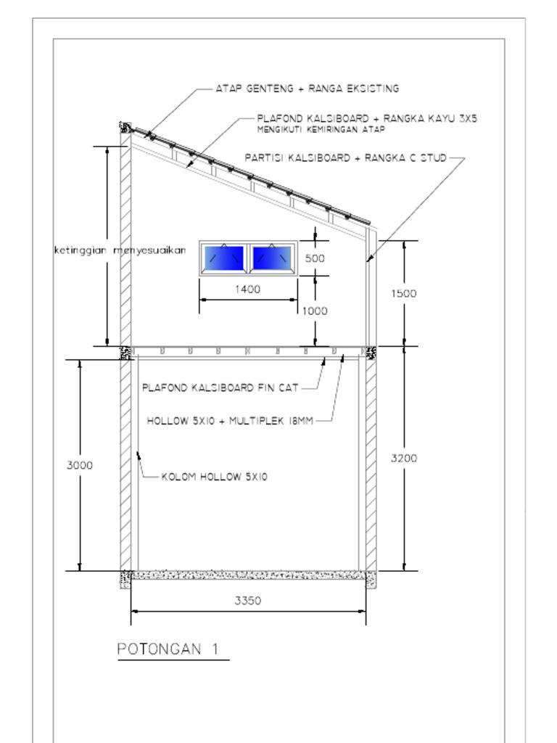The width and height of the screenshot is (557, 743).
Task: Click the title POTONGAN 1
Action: [168, 649]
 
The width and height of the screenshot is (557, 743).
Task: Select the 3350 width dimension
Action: [248, 600]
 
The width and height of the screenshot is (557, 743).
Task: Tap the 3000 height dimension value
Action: [80, 465]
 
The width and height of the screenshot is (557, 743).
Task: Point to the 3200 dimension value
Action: [404, 459]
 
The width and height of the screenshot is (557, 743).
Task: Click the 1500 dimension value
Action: [404, 293]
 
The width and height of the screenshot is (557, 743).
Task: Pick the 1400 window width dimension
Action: [248, 289]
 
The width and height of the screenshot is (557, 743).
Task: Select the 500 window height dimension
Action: [315, 258]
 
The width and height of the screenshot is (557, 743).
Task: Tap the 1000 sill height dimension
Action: [315, 311]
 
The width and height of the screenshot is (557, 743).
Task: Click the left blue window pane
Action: [223, 258]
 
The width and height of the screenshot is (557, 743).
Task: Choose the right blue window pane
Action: [272, 258]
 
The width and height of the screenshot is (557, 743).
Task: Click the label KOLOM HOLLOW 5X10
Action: [215, 477]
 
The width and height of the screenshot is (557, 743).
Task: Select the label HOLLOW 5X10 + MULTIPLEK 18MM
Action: [230, 421]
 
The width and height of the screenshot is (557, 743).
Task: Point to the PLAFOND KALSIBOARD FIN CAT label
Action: [220, 387]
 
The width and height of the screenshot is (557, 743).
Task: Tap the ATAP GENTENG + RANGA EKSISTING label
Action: [308, 89]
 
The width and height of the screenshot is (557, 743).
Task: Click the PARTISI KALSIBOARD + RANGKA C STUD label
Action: [346, 157]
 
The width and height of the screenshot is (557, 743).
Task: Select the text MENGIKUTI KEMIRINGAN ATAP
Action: [321, 129]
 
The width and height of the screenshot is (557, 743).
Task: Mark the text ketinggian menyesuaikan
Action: [120, 250]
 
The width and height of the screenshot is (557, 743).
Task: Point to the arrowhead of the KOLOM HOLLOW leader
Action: [139, 456]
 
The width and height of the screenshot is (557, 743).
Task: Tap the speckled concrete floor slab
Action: [248, 575]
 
